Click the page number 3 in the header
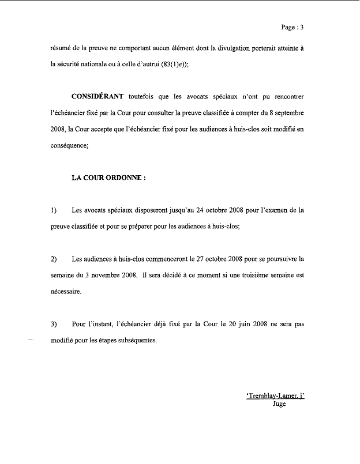click(x=302, y=27)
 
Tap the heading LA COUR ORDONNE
click(x=108, y=179)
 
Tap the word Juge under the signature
click(x=280, y=404)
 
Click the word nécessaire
click(x=66, y=292)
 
